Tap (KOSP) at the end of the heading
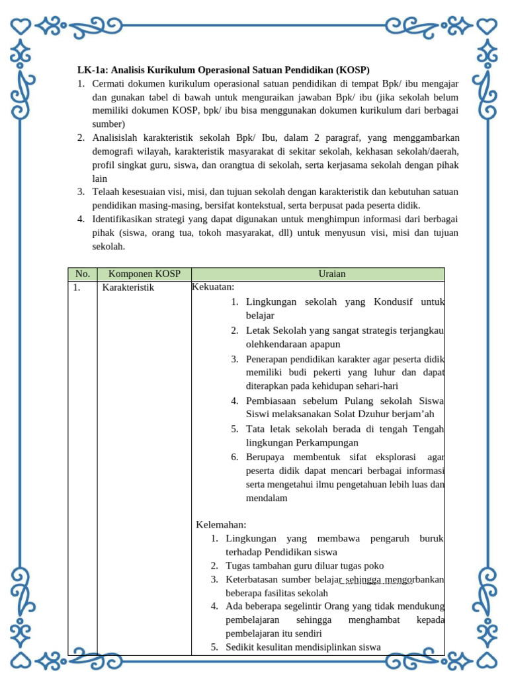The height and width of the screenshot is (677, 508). (x=352, y=69)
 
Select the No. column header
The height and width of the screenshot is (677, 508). (x=82, y=274)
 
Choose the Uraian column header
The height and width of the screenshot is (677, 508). (x=317, y=274)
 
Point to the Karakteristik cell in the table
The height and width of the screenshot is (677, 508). (x=128, y=288)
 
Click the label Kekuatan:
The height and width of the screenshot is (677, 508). (x=213, y=287)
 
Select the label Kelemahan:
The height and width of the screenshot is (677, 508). (x=221, y=524)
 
